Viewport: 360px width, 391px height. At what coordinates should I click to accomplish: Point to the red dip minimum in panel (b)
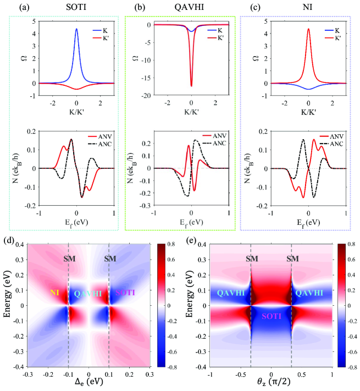tap(191, 86)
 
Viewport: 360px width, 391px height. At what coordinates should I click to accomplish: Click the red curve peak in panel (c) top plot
tap(308, 29)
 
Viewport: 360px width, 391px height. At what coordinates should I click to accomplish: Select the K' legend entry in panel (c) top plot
tap(329, 37)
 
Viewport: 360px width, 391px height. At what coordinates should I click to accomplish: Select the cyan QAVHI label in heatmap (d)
tap(88, 294)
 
